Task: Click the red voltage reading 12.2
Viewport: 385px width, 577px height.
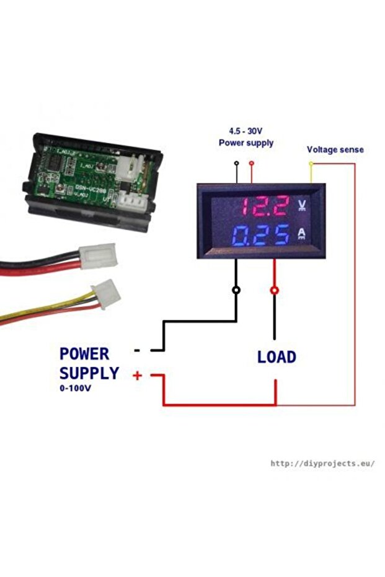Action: [x=264, y=205]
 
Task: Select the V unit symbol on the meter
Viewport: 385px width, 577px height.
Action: [x=303, y=204]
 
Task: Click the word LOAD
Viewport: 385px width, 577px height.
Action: [x=277, y=358]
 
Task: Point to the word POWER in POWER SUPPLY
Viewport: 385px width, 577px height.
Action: [x=84, y=354]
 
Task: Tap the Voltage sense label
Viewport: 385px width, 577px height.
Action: [x=335, y=149]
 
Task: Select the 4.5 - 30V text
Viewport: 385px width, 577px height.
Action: [x=246, y=131]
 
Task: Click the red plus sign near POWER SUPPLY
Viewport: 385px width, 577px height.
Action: [x=137, y=375]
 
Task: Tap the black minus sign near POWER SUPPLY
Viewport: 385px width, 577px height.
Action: [x=137, y=350]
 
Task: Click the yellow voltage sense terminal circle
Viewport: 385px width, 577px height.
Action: [x=311, y=164]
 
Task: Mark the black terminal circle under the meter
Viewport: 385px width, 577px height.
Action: [x=236, y=289]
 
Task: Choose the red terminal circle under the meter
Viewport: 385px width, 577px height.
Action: [x=275, y=289]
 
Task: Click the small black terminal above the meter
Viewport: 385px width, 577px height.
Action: [x=236, y=164]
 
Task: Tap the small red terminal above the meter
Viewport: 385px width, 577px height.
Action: [x=251, y=164]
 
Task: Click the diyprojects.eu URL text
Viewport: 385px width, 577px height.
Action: [x=322, y=463]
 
